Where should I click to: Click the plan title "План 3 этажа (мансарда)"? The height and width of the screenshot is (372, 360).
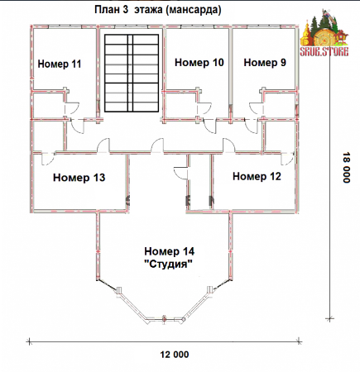(158, 10)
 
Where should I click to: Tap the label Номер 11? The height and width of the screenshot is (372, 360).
(60, 64)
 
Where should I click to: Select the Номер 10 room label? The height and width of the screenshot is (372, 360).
(199, 63)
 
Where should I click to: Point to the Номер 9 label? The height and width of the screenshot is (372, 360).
(265, 63)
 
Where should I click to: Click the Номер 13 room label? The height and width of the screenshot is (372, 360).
(79, 178)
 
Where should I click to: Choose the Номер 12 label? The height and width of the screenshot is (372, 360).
(257, 176)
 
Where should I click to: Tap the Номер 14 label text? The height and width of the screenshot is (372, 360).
(170, 251)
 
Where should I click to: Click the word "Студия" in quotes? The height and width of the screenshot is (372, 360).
(169, 265)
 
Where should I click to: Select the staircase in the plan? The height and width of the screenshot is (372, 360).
(132, 74)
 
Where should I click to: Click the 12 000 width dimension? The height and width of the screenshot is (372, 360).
(175, 355)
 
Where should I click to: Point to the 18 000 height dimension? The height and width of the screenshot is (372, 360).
(347, 167)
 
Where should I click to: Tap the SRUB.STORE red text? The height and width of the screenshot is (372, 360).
(324, 52)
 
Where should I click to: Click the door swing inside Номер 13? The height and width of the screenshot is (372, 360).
(47, 159)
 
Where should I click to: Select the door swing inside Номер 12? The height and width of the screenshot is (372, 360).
(288, 159)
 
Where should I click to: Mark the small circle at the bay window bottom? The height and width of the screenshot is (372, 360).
(164, 319)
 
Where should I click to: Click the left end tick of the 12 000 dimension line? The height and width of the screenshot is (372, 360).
(29, 342)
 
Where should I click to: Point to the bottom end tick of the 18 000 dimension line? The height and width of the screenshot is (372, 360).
(329, 319)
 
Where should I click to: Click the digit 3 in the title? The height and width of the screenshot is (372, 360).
(125, 10)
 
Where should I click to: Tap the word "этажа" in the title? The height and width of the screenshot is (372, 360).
(149, 10)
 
